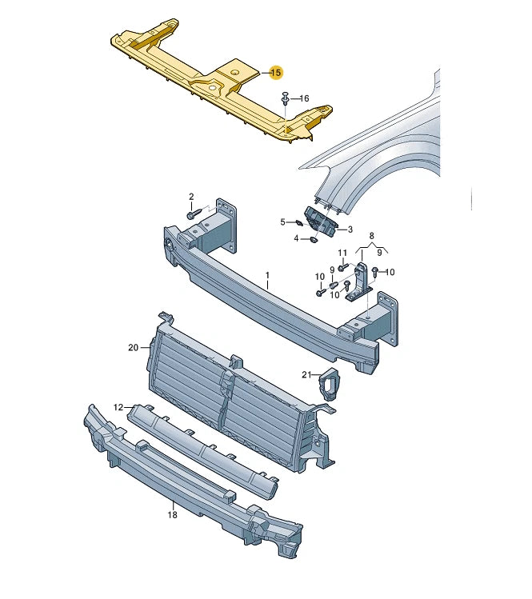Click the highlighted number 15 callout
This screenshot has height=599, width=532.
(x=275, y=73)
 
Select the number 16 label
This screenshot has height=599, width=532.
(x=304, y=98)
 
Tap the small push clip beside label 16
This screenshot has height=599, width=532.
(x=285, y=99)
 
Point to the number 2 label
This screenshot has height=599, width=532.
(x=191, y=196)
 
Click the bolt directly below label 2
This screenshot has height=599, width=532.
(x=193, y=214)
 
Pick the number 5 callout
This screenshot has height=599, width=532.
(x=282, y=222)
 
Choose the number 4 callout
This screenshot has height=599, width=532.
(x=296, y=238)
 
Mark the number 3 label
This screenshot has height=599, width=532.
(x=349, y=230)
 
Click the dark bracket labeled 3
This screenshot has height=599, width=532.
(x=318, y=222)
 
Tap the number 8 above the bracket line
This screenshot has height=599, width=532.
(x=371, y=236)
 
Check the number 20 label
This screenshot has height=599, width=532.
(x=133, y=347)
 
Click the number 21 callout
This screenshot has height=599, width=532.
(x=306, y=374)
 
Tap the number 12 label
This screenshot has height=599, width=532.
(x=118, y=407)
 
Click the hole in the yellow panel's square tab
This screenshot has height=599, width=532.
(x=235, y=73)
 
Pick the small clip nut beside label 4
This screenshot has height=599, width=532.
(x=314, y=237)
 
